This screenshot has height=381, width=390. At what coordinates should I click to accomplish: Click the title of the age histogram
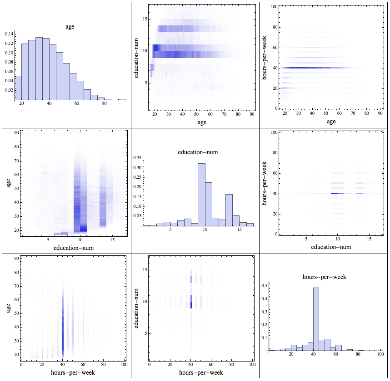(70, 27)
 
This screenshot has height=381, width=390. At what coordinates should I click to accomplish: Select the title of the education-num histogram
(198, 152)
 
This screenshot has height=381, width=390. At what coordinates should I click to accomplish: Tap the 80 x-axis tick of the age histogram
(104, 104)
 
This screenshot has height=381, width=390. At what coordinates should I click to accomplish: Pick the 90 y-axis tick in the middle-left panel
(15, 133)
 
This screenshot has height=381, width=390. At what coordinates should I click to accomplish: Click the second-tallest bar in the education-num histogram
(208, 204)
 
